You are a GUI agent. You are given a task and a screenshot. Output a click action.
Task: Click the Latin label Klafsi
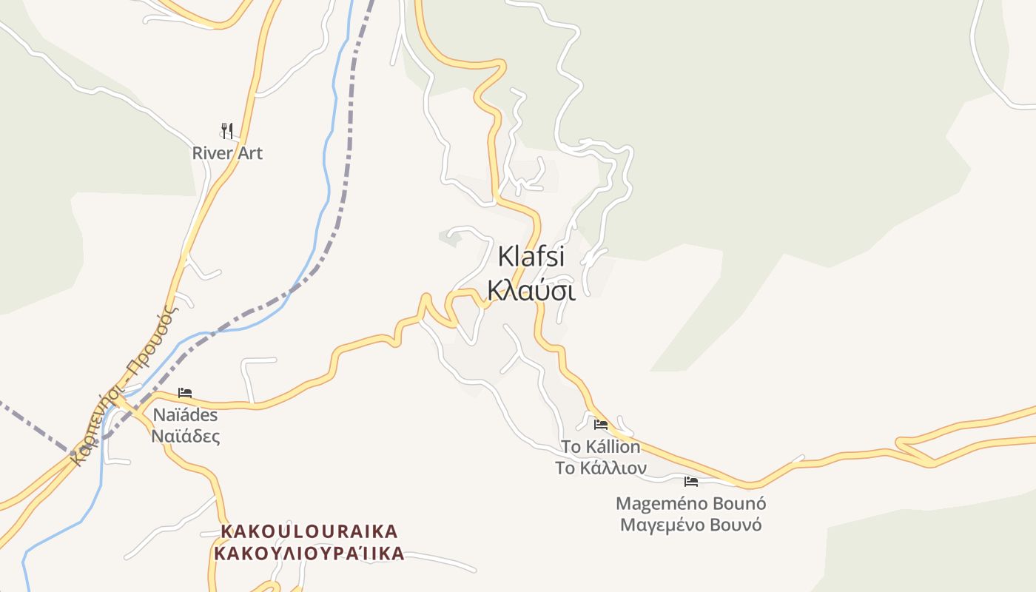tap(531, 257)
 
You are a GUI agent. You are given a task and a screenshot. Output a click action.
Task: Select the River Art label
tap(227, 153)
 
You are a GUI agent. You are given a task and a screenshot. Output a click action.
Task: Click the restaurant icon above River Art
tap(227, 131)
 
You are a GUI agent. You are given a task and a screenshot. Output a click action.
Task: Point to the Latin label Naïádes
tap(185, 414)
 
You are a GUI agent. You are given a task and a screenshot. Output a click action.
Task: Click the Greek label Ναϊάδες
tap(185, 436)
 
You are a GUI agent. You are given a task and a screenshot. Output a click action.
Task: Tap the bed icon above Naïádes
tap(185, 393)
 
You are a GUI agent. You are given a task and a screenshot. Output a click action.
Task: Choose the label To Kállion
tap(600, 447)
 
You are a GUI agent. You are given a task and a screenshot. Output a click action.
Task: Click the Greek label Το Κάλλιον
tap(600, 468)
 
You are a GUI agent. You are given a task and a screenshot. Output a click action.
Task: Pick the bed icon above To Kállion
tap(601, 425)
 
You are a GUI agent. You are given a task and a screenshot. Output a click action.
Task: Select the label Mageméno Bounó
tap(690, 504)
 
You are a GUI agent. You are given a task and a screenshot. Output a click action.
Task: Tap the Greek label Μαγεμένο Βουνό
tap(690, 525)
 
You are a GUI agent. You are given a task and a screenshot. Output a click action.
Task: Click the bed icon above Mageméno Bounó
tap(691, 482)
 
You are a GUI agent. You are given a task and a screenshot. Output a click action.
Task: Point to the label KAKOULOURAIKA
tap(309, 531)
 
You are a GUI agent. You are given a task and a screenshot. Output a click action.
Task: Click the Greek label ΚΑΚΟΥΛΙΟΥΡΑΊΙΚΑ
tap(309, 553)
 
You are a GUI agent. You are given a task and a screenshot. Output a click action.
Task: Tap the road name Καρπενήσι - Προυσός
tap(124, 385)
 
